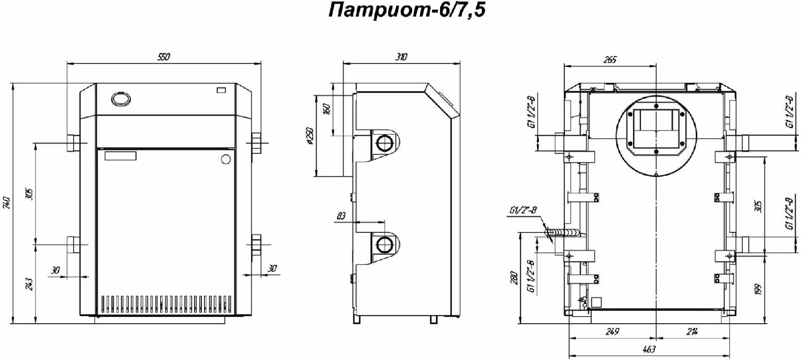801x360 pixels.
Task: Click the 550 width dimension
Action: click(164, 58)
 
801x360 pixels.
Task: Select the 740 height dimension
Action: click(7, 203)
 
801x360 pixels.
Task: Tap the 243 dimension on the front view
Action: click(29, 284)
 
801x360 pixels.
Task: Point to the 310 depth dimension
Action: click(402, 57)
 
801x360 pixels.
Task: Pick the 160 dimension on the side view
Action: click(327, 109)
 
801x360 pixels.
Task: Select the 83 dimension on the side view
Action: click(342, 216)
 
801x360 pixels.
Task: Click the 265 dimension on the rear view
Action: click(609, 60)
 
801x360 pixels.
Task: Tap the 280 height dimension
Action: click(514, 278)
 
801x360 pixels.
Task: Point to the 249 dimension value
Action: click(612, 332)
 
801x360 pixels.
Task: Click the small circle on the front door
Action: click(225, 159)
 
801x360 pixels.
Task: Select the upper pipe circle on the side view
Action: click(384, 143)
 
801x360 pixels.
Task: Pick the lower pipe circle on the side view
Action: click(384, 245)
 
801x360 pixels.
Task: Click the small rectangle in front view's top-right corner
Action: click(221, 89)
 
